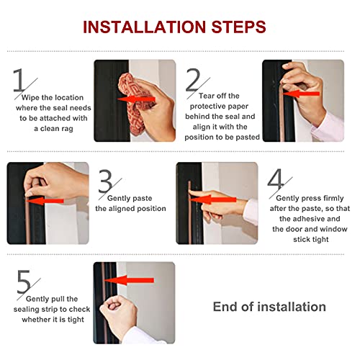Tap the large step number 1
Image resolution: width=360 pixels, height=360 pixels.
pos(22,80)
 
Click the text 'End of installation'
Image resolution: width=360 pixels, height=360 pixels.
pos(269,307)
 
